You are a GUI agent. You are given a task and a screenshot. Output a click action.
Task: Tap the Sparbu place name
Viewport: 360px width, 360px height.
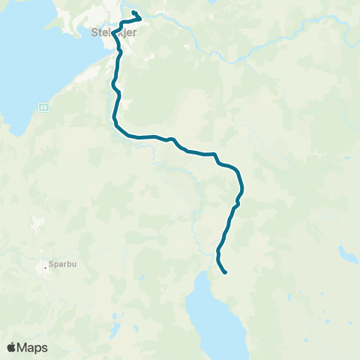(61, 265)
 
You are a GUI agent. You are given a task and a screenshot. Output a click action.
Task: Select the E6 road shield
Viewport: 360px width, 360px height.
(44, 105)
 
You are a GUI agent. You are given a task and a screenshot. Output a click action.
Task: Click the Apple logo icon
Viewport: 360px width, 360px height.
(12, 347)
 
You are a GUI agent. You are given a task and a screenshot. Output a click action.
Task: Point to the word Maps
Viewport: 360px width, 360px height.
(33, 347)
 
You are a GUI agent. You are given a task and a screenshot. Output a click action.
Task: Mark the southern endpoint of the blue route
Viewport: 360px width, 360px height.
(225, 272)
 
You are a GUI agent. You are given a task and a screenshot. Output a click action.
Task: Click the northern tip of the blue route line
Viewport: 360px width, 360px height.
(133, 13)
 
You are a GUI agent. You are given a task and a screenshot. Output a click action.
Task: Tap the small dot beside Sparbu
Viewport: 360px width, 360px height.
(43, 265)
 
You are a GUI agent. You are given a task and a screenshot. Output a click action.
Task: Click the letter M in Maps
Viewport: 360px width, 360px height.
(24, 347)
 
